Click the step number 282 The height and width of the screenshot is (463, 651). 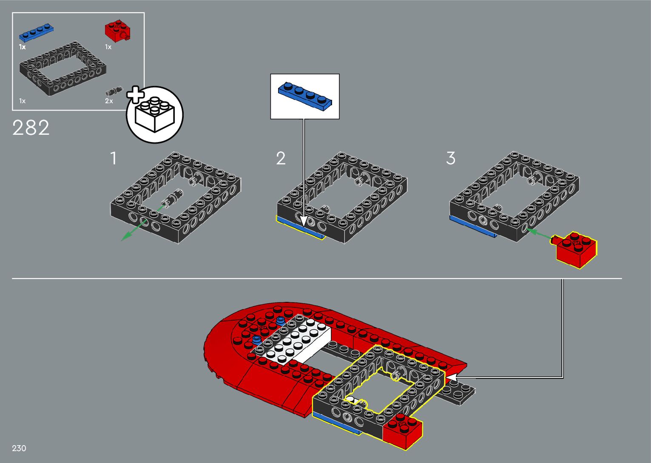pyautogui.click(x=31, y=128)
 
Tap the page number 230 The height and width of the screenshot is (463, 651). pyautogui.click(x=19, y=448)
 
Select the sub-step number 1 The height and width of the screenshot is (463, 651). pyautogui.click(x=113, y=159)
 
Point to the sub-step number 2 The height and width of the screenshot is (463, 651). pyautogui.click(x=281, y=159)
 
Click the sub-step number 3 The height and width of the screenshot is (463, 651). pyautogui.click(x=451, y=159)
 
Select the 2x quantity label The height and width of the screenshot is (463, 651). pyautogui.click(x=109, y=101)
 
